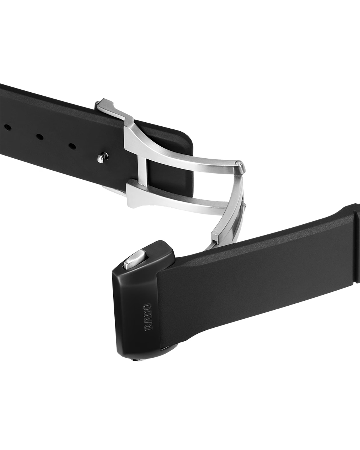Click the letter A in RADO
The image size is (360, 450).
click(x=148, y=319)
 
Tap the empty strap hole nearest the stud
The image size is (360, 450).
click(x=72, y=146)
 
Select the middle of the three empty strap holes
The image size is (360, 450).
click(x=40, y=137)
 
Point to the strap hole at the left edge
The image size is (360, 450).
click(x=7, y=127)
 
